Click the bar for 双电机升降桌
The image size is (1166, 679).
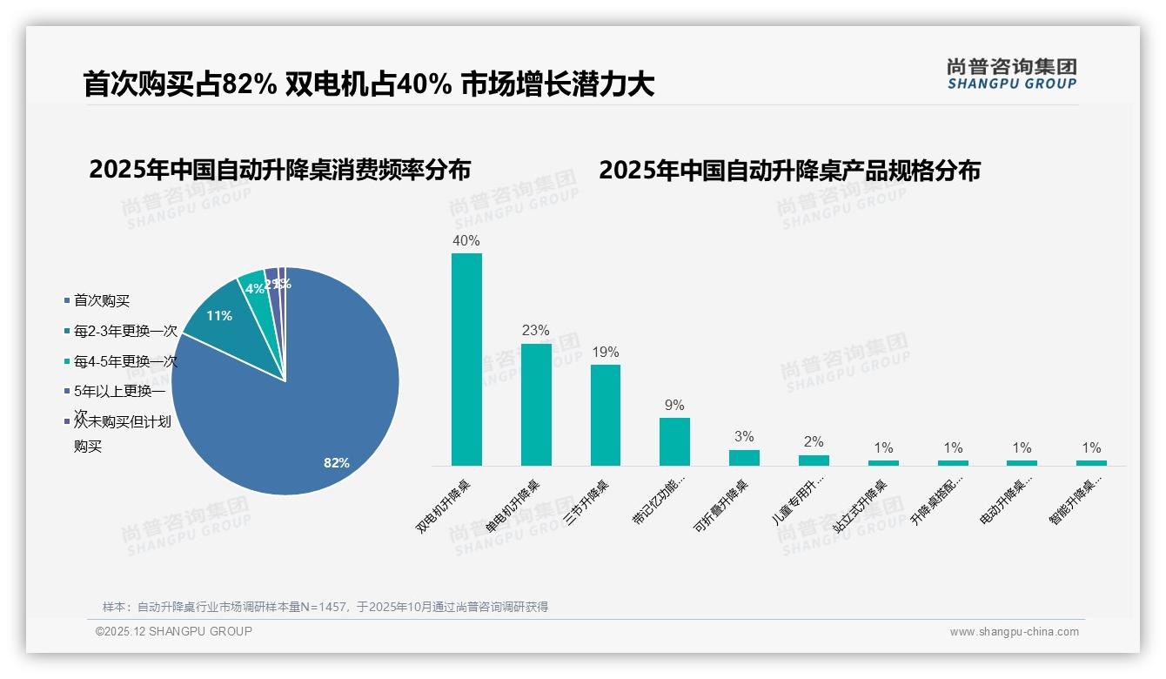pos(466,359)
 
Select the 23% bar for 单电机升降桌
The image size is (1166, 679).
pos(536,404)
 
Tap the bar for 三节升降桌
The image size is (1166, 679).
pos(606,414)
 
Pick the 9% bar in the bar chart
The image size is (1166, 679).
pos(674,441)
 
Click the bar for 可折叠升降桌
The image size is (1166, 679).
pos(744,457)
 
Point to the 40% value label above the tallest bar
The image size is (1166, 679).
pos(466,240)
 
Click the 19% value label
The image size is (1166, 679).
pos(606,352)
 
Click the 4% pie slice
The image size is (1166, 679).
pos(253,286)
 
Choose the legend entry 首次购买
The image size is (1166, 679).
pos(101,301)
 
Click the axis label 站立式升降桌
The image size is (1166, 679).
pos(861,505)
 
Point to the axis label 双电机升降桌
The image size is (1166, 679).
pos(445,506)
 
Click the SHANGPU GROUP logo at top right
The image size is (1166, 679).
pos(1011,74)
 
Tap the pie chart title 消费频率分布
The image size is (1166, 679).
pos(279,170)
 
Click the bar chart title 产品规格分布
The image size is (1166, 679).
pos(789,171)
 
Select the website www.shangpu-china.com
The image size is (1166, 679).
pos(1014,632)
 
